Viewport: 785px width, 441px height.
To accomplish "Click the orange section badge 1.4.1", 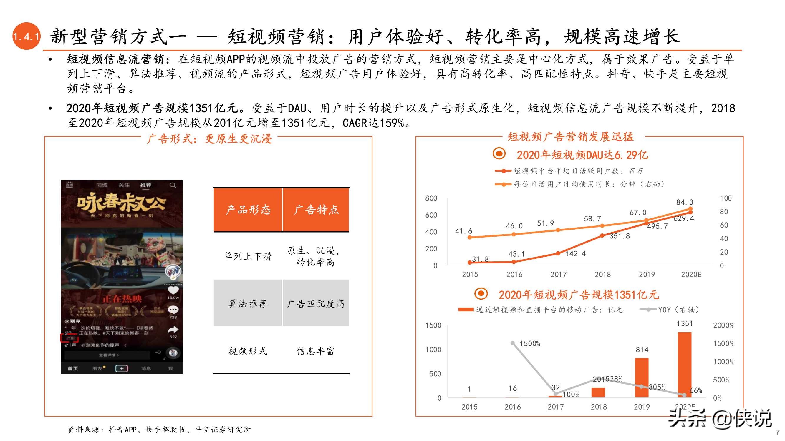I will pyautogui.click(x=26, y=36).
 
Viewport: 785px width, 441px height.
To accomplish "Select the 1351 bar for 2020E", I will pyautogui.click(x=684, y=365).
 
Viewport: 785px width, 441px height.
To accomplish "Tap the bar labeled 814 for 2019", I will pyautogui.click(x=642, y=377).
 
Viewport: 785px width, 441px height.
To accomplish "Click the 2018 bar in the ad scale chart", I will pyautogui.click(x=598, y=392).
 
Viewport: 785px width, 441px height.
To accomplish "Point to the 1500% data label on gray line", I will pyautogui.click(x=530, y=344).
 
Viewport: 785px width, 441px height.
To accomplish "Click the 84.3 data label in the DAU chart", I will pyautogui.click(x=684, y=202).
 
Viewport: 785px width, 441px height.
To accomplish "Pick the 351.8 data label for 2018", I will pyautogui.click(x=619, y=236).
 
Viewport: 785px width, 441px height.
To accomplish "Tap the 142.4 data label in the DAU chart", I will pyautogui.click(x=575, y=254).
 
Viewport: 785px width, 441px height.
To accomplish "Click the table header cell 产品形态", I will pyautogui.click(x=248, y=210).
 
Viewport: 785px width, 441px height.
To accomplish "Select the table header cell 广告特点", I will pyautogui.click(x=316, y=210).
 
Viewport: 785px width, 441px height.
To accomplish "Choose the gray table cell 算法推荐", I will pyautogui.click(x=248, y=303).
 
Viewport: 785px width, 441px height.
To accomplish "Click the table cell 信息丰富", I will pyautogui.click(x=315, y=351).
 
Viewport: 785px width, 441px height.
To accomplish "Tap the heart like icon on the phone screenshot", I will pyautogui.click(x=173, y=290).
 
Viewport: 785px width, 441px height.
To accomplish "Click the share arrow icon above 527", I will pyautogui.click(x=173, y=329).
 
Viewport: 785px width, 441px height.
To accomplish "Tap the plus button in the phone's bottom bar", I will pyautogui.click(x=122, y=369).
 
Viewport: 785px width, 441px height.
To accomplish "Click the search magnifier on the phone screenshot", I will pyautogui.click(x=173, y=185).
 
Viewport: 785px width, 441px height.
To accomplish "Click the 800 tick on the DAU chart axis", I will pyautogui.click(x=431, y=198).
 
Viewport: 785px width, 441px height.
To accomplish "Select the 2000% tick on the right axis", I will pyautogui.click(x=723, y=325).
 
